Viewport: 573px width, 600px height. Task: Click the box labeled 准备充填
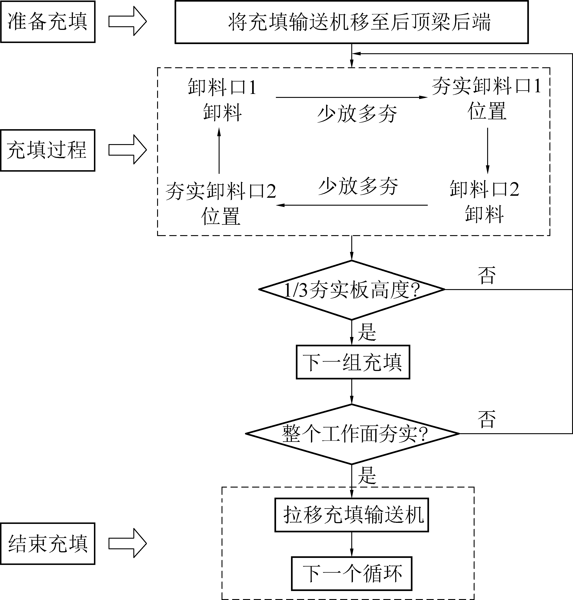48,22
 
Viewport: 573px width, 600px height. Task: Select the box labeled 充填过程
48,150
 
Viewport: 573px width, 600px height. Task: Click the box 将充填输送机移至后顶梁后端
352,22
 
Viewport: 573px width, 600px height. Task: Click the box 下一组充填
353,362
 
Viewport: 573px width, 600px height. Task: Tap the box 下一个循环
352,573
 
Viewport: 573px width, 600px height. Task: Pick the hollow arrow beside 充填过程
128,150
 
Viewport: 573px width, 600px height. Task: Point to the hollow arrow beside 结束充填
128,543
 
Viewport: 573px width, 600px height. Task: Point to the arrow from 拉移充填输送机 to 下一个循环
352,544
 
